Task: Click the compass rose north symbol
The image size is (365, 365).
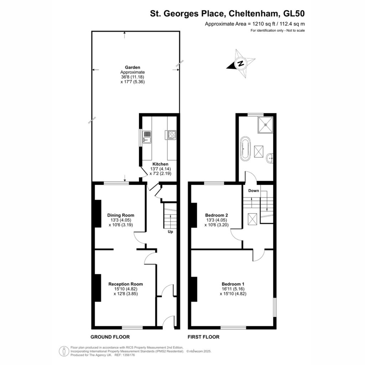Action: tap(241, 63)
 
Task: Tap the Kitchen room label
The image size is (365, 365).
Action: tap(160, 164)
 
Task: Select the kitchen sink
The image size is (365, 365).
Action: tap(147, 137)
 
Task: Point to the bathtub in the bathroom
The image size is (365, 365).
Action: tap(245, 149)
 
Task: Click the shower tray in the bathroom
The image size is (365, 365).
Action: tap(265, 125)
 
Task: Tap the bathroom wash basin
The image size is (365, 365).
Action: tap(270, 159)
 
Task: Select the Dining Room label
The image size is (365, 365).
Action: tap(120, 215)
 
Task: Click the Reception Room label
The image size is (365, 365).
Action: tap(126, 284)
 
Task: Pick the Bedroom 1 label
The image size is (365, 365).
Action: tap(233, 284)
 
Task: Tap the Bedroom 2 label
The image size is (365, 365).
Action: tap(216, 215)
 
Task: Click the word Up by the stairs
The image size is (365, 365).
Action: tap(170, 232)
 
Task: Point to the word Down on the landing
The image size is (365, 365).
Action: tap(253, 191)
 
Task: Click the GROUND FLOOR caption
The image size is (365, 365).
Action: tap(110, 337)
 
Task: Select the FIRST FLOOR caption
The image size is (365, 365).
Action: tap(204, 337)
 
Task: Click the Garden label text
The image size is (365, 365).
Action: tap(133, 67)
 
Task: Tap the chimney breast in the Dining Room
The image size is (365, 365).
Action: tap(98, 214)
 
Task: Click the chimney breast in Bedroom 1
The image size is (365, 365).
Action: tap(194, 289)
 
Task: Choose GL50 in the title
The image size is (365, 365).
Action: tap(294, 14)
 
